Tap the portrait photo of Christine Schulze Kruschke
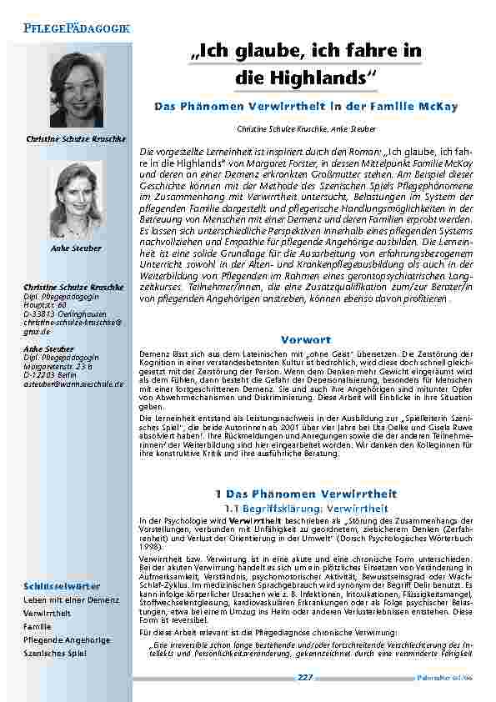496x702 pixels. coord(76,89)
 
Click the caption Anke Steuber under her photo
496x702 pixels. coord(76,248)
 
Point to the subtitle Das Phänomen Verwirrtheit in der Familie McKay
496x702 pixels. coord(307,108)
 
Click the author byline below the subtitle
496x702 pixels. coord(307,129)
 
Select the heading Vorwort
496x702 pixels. coord(307,340)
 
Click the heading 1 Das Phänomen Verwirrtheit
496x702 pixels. coord(307,494)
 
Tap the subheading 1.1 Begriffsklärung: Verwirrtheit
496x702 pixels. coord(307,508)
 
